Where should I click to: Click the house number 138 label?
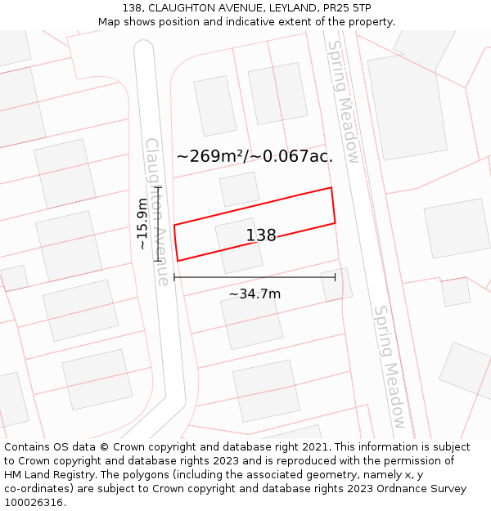pyautogui.click(x=261, y=235)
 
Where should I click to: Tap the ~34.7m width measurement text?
pyautogui.click(x=255, y=294)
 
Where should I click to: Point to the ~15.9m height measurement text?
pyautogui.click(x=142, y=224)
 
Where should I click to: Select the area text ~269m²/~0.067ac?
pyautogui.click(x=255, y=156)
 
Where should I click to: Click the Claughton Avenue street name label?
pyautogui.click(x=156, y=211)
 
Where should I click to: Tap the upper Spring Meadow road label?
pyautogui.click(x=343, y=101)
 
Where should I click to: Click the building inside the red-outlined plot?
pyautogui.click(x=239, y=245)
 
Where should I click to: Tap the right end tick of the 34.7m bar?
pyautogui.click(x=335, y=277)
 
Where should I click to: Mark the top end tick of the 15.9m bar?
pyautogui.click(x=158, y=188)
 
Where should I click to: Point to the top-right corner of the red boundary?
pyautogui.click(x=331, y=188)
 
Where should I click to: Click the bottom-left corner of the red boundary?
pyautogui.click(x=178, y=261)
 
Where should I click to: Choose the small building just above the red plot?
pyautogui.click(x=239, y=189)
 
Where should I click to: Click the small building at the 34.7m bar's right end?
pyautogui.click(x=337, y=284)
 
